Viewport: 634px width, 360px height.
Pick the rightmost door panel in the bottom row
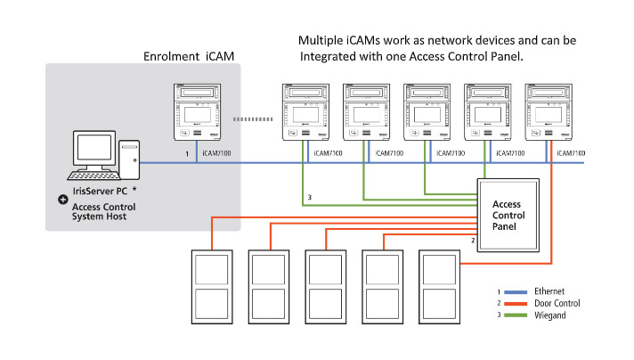[443, 286]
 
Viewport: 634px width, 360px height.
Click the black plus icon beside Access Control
[62, 200]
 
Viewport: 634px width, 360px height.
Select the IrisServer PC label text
[96, 191]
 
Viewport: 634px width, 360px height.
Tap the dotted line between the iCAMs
[250, 118]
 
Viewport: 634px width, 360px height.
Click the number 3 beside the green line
[309, 196]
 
